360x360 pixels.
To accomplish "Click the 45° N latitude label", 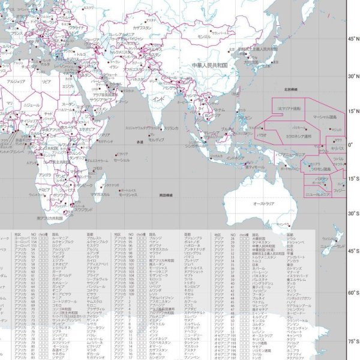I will (x=352, y=38).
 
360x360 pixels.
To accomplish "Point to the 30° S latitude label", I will (x=352, y=213).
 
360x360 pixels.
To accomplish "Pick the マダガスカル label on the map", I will (x=100, y=194).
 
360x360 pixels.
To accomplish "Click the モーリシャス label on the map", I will (x=128, y=196).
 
